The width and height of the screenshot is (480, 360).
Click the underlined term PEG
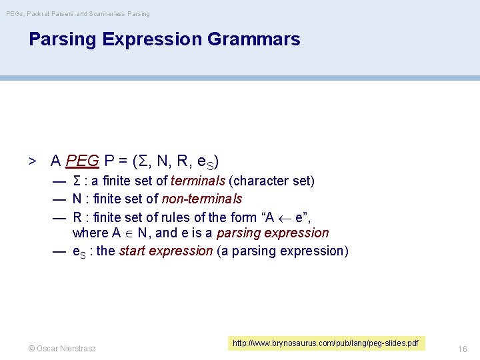pyautogui.click(x=83, y=161)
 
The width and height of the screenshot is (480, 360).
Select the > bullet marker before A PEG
pyautogui.click(x=31, y=161)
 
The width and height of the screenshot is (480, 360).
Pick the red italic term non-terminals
pyautogui.click(x=202, y=199)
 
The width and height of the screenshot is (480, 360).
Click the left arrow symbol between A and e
pyautogui.click(x=283, y=217)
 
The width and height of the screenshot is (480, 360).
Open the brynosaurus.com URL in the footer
pyautogui.click(x=325, y=343)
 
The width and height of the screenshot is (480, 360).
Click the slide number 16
pyautogui.click(x=463, y=349)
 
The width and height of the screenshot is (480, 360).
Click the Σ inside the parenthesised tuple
pyautogui.click(x=141, y=161)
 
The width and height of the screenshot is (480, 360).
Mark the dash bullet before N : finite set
pyautogui.click(x=59, y=199)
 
